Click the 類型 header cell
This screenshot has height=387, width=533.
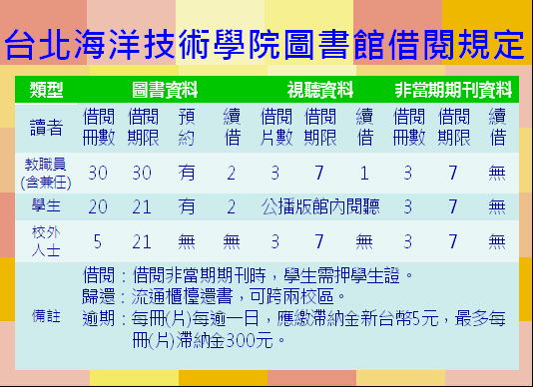click(46, 90)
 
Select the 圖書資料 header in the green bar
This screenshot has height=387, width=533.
click(165, 90)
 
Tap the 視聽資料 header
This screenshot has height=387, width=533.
click(320, 90)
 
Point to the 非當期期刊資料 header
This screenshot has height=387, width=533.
click(453, 90)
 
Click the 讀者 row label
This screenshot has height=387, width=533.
click(46, 128)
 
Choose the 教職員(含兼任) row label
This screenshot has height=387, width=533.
click(46, 174)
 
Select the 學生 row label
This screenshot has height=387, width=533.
click(46, 206)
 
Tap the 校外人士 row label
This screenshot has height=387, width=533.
click(46, 241)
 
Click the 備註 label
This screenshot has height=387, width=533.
click(46, 316)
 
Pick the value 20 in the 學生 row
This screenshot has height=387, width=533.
click(98, 206)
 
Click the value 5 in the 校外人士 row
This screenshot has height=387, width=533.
click(98, 242)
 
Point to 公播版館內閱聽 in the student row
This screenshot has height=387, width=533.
click(320, 206)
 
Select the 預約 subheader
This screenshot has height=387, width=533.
click(187, 127)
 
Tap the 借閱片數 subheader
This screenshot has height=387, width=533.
click(276, 127)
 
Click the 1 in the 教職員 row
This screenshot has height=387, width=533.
click(364, 174)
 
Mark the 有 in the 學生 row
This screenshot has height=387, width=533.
click(187, 206)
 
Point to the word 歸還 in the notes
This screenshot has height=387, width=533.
click(98, 296)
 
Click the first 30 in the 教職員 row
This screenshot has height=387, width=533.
click(98, 173)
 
